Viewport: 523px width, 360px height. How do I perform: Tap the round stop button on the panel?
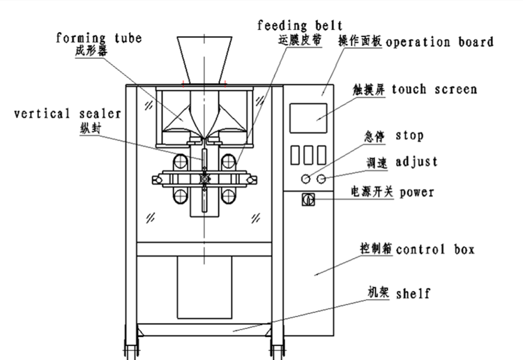[x=305, y=179]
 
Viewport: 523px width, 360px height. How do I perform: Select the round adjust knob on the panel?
[x=321, y=179]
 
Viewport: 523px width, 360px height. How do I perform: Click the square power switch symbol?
[x=305, y=200]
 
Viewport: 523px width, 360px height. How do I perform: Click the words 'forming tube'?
[x=98, y=38]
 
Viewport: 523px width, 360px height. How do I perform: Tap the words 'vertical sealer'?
[x=67, y=113]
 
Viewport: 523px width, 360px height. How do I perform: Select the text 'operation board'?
[x=439, y=41]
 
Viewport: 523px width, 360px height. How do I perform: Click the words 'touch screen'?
[x=434, y=89]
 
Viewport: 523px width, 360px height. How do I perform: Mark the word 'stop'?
[x=409, y=135]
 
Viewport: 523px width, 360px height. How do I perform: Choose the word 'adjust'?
[x=416, y=162]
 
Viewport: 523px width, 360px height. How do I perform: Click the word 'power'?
[x=417, y=192]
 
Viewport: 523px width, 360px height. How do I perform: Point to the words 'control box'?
[x=435, y=248]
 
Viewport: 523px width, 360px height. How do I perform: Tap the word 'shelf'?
[x=412, y=293]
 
